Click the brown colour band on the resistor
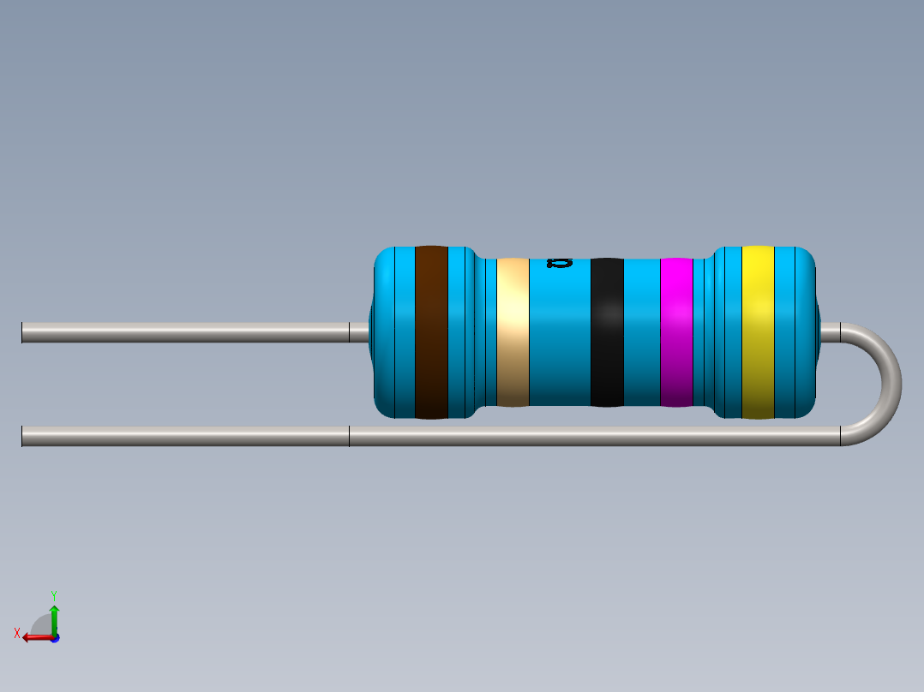click(x=431, y=332)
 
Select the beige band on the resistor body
click(x=513, y=332)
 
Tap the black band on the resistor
click(x=607, y=332)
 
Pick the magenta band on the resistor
click(x=676, y=332)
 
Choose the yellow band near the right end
click(x=758, y=332)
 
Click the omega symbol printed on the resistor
click(x=559, y=263)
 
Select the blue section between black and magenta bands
click(x=641, y=332)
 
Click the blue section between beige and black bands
click(x=559, y=343)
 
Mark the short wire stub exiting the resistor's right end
click(x=830, y=332)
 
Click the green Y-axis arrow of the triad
click(x=54, y=615)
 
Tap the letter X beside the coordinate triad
click(x=17, y=633)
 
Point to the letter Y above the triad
click(x=54, y=594)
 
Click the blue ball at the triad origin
click(x=54, y=637)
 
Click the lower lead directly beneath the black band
click(x=607, y=437)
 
